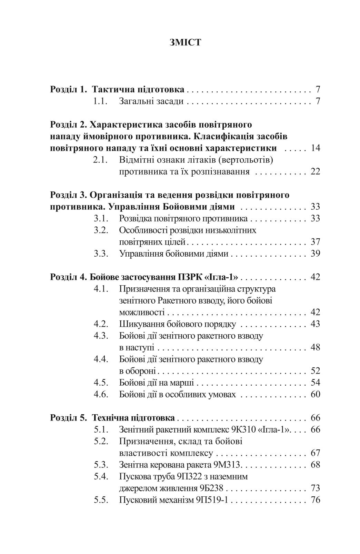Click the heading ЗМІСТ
click(185, 42)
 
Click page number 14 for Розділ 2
click(315, 148)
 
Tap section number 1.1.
click(101, 102)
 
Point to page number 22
click(315, 172)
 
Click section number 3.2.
click(101, 230)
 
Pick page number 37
click(315, 242)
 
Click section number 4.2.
click(101, 324)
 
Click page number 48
click(315, 347)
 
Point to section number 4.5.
click(101, 383)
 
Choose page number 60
click(315, 394)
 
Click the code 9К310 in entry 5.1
click(244, 430)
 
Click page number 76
click(315, 500)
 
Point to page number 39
click(315, 254)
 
